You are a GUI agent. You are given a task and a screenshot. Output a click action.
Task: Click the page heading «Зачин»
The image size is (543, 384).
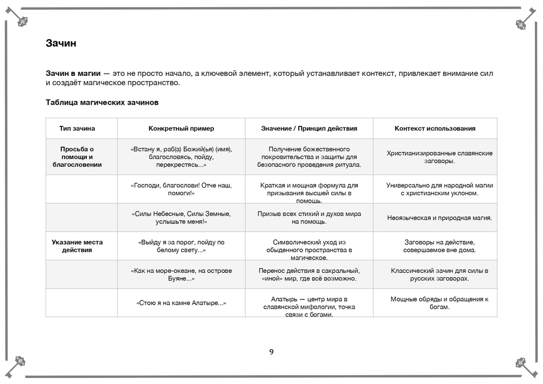point(61,43)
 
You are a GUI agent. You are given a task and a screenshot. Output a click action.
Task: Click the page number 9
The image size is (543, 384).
point(271,352)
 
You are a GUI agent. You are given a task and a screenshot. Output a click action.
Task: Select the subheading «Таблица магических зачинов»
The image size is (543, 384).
point(102,102)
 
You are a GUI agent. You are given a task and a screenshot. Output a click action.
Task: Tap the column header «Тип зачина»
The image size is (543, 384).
point(77,129)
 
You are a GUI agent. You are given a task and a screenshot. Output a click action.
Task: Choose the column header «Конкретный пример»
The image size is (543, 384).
point(181,129)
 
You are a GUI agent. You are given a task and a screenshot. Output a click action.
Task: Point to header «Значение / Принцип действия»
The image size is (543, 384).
point(309,129)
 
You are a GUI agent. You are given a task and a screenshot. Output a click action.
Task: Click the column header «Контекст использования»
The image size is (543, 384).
point(435,129)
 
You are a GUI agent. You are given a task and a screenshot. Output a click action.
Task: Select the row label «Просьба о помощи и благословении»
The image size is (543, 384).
point(77,157)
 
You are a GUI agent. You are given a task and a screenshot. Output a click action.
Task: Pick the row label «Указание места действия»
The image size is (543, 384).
point(77,246)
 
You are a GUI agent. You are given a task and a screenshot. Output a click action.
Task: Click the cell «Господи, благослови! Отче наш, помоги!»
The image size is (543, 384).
point(181,189)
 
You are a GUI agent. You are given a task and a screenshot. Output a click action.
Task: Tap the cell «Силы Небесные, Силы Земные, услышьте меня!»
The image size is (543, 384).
point(181,217)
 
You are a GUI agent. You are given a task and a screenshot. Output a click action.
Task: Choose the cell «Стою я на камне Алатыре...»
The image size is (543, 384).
point(181,303)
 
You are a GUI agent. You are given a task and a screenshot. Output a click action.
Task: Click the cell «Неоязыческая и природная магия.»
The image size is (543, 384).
point(439,218)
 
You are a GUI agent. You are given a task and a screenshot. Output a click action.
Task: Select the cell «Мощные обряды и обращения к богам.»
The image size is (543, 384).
point(439,303)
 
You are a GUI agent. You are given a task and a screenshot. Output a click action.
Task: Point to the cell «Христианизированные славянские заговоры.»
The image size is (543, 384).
point(439,157)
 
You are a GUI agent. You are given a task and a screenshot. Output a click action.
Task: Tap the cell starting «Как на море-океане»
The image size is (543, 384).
point(181,274)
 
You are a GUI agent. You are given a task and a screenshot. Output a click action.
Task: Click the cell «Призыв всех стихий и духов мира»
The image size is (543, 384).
point(309,217)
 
